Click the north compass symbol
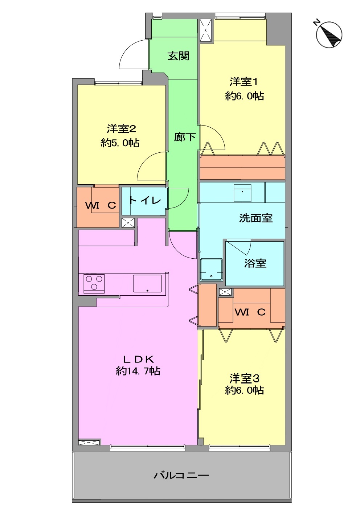pyautogui.click(x=329, y=34)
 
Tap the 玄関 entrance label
pyautogui.click(x=179, y=56)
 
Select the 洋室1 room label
pyautogui.click(x=244, y=82)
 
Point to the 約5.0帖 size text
pyautogui.click(x=120, y=143)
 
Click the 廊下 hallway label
pyautogui.click(x=185, y=137)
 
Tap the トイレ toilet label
pyautogui.click(x=145, y=200)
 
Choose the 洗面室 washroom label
pyautogui.click(x=256, y=218)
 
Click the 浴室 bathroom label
pyautogui.click(x=255, y=263)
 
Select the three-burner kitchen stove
pyautogui.click(x=94, y=284)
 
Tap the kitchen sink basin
pyautogui.click(x=147, y=284)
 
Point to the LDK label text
pyautogui.click(x=138, y=360)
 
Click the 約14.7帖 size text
pyautogui.click(x=138, y=371)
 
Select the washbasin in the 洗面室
pyautogui.click(x=242, y=193)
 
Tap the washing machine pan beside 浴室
pyautogui.click(x=211, y=270)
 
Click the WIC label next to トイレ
pyautogui.click(x=101, y=206)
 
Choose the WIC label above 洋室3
pyautogui.click(x=250, y=312)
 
